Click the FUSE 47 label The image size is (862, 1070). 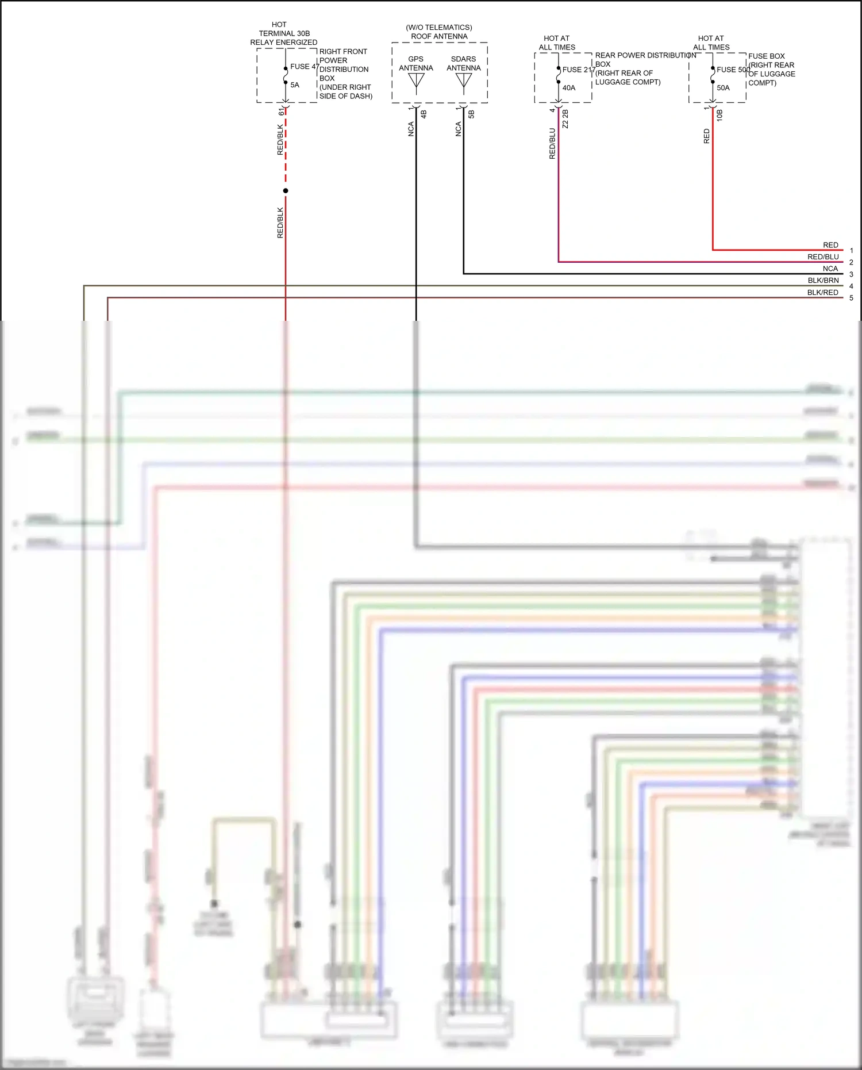tap(304, 67)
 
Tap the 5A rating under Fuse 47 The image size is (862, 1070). tap(295, 85)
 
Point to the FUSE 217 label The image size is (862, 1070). tap(578, 70)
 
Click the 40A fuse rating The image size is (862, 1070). tap(569, 88)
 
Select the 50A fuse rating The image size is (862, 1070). tap(723, 88)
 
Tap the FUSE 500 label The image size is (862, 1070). tap(733, 70)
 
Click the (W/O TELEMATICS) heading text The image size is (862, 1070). tap(439, 28)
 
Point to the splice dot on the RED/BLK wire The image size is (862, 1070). tap(286, 191)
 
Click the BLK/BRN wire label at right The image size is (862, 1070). tap(823, 281)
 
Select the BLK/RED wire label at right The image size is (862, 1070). tap(822, 293)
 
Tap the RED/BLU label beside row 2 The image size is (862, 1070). tap(823, 257)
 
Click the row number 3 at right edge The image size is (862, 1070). tap(851, 274)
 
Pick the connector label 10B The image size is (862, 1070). tap(719, 115)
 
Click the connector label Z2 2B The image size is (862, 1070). tap(565, 118)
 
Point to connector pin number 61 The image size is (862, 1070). tap(281, 112)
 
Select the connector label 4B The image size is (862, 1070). tap(424, 114)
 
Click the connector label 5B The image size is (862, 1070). tap(471, 114)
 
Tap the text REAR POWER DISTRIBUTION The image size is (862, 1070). tap(645, 55)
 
